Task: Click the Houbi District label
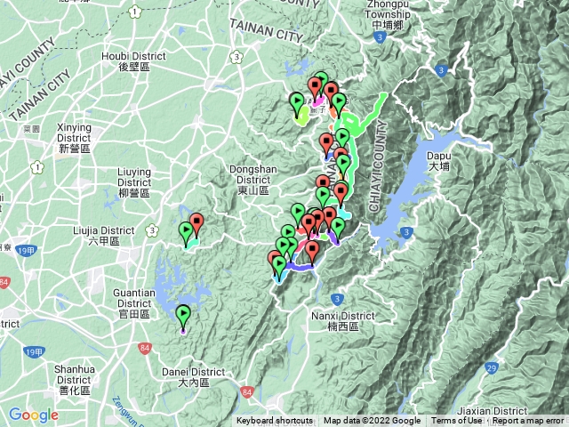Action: (142, 60)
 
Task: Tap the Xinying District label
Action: (74, 138)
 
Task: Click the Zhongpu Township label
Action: (381, 15)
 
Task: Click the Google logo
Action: (34, 415)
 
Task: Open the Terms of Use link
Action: (456, 421)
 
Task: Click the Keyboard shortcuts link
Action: (274, 421)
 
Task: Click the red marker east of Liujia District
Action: (196, 224)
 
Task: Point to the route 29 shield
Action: (492, 367)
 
